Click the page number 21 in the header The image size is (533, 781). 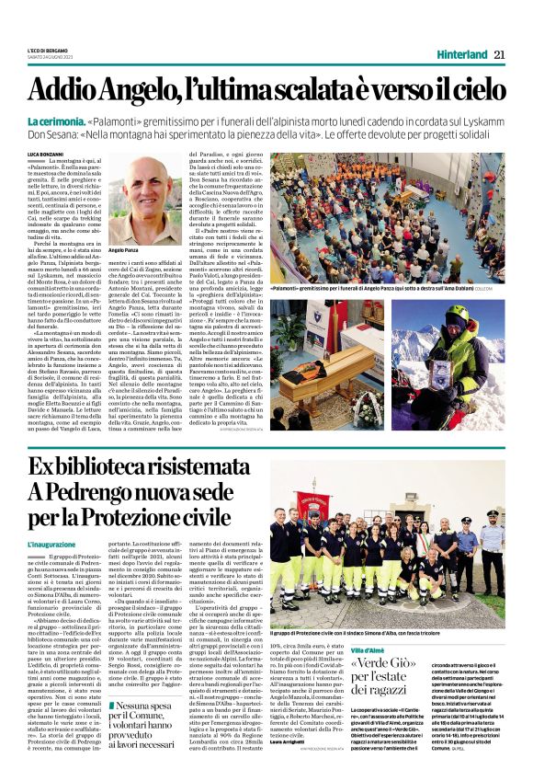(x=498, y=54)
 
